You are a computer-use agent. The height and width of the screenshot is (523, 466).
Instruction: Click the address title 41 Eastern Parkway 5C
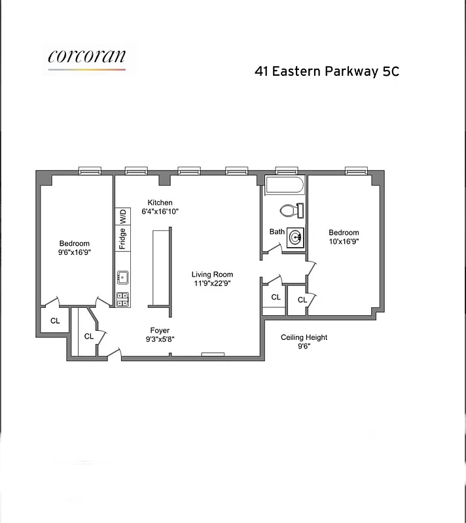[327, 71]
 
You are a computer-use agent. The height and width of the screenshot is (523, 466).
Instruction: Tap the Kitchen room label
[160, 203]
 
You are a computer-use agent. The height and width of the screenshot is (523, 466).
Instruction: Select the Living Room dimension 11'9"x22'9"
[212, 284]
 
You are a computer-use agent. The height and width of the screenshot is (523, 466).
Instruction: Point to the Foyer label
[160, 330]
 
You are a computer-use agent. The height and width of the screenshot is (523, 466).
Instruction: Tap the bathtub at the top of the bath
[285, 186]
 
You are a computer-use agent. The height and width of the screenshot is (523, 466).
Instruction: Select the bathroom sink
[296, 238]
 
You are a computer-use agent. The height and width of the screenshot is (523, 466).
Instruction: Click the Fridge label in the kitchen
[122, 239]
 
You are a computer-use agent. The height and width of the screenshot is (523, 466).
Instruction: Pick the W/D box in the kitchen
[122, 216]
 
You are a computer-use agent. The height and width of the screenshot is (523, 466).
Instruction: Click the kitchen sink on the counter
[122, 278]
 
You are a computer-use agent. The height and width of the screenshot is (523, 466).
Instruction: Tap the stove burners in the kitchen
[122, 299]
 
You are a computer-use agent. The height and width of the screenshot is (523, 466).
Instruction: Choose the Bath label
[277, 231]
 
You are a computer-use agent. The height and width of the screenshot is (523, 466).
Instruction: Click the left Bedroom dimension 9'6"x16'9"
[75, 252]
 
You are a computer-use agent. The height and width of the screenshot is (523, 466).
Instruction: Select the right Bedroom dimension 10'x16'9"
[344, 241]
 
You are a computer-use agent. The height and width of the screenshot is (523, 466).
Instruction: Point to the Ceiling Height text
[304, 337]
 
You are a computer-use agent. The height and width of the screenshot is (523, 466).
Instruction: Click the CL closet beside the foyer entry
[89, 336]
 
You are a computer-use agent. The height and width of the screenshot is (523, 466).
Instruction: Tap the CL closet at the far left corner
[55, 321]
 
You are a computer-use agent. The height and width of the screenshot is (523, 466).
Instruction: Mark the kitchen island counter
[160, 267]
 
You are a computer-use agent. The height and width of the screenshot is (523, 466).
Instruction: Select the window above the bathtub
[286, 171]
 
